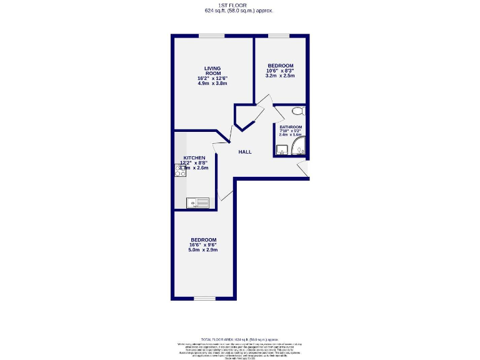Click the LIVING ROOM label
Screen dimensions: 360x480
212,71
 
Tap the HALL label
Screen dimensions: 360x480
245,151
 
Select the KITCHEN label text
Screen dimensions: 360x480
194,158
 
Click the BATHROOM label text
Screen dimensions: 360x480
291,127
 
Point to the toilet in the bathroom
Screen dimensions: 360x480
298,111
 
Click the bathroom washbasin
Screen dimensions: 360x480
282,149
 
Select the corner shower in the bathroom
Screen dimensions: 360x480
299,149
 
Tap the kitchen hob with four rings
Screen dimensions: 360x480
180,171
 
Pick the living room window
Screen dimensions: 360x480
207,36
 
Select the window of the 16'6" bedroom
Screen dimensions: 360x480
204,299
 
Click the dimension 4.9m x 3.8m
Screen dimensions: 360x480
212,83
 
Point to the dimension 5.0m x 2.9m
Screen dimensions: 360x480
203,250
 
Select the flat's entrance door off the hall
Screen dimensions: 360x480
302,169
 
